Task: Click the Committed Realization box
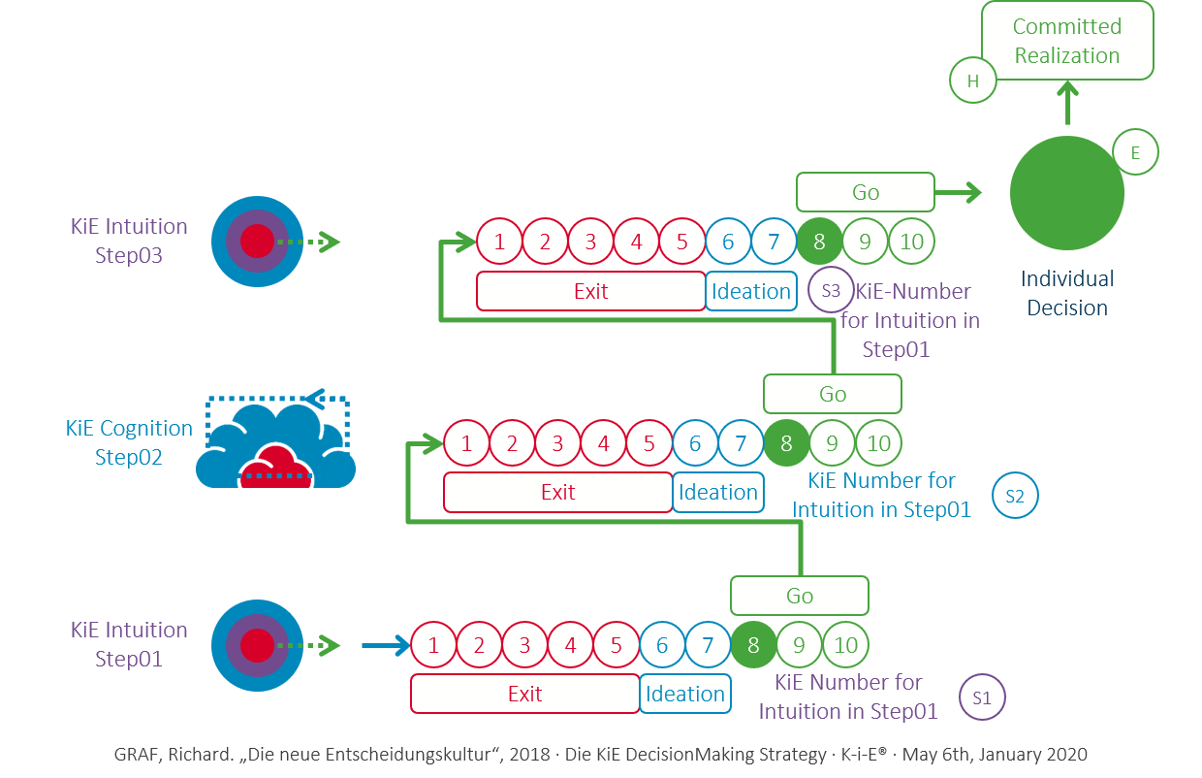(x=1067, y=41)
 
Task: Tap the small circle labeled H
(x=973, y=81)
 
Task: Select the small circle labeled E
(x=1134, y=151)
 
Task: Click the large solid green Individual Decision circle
(x=1066, y=193)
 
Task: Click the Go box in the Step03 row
(x=865, y=192)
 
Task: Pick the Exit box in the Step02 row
(x=557, y=492)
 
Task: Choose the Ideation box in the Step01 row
(x=685, y=694)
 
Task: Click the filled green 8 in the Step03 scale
(x=819, y=242)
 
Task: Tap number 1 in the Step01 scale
(x=434, y=645)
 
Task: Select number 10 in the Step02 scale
(x=878, y=443)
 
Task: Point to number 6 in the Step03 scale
(x=728, y=242)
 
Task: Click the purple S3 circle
(x=831, y=290)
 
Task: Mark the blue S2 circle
(x=1015, y=497)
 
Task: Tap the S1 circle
(x=982, y=697)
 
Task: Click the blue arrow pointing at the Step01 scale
(x=385, y=645)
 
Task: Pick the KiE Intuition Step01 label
(x=129, y=644)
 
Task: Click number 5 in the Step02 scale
(x=648, y=443)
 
